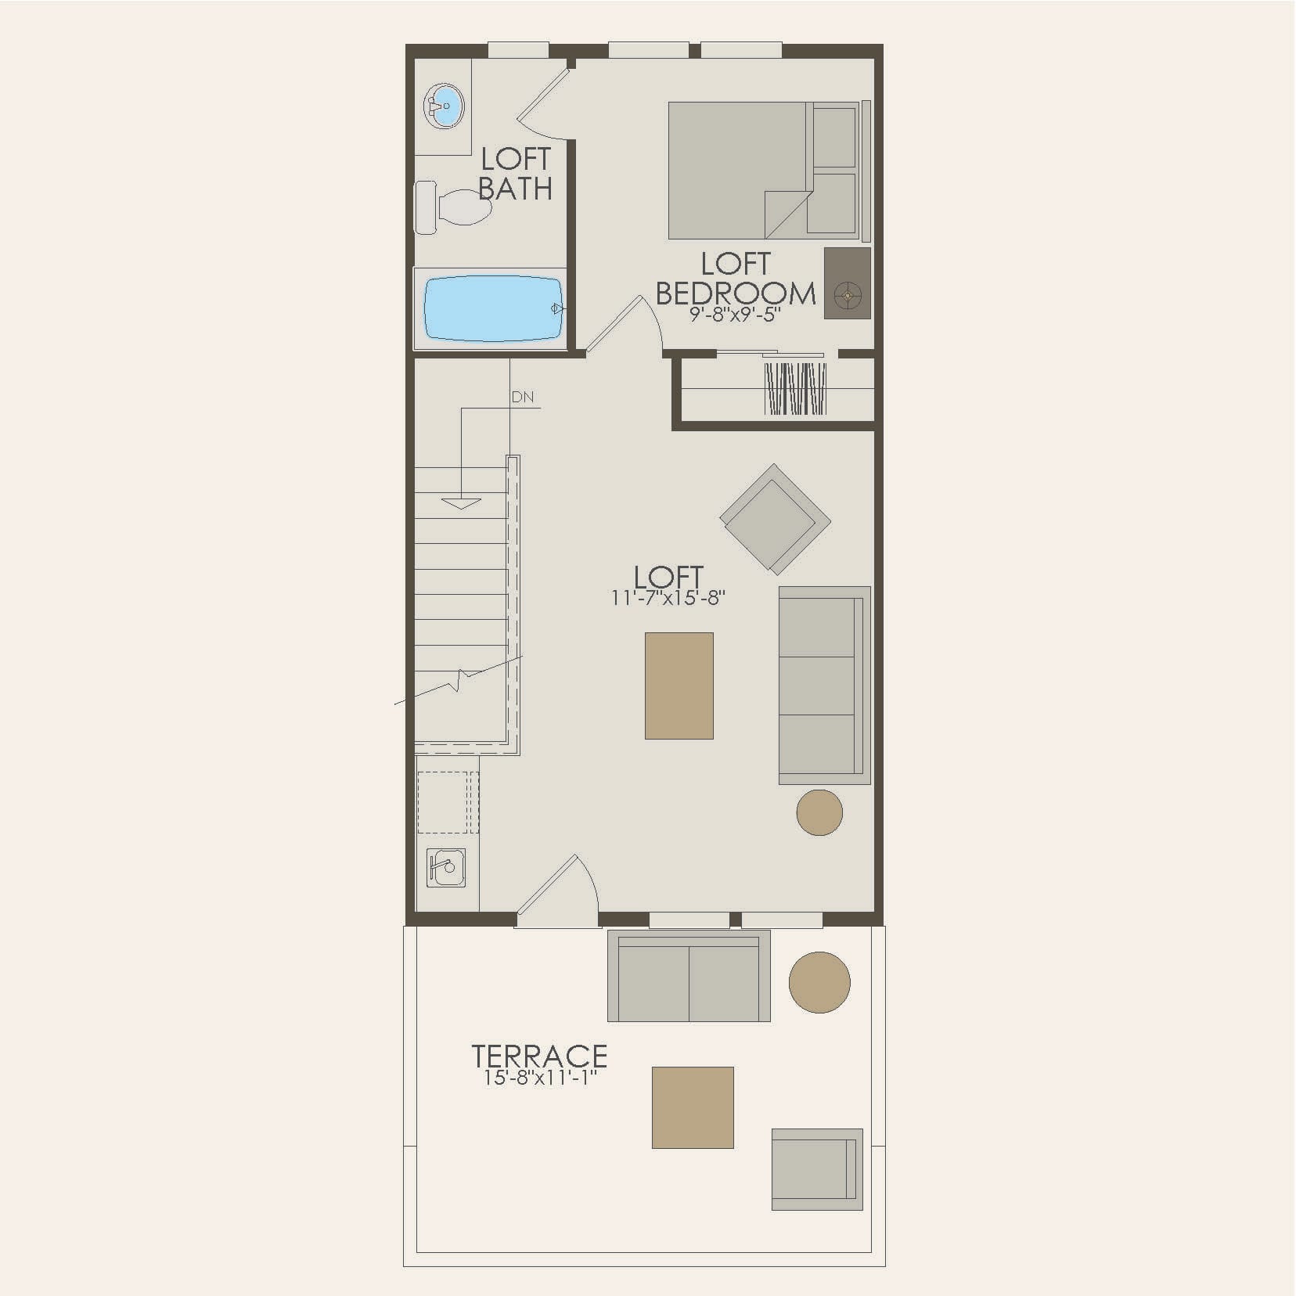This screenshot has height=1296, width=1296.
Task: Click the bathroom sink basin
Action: point(444,106)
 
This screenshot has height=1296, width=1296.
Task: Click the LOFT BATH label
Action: point(515,174)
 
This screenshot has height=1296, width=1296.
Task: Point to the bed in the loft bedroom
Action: point(763,170)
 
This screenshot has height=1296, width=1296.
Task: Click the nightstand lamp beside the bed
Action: point(847,295)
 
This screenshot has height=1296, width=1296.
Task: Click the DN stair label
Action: point(523,398)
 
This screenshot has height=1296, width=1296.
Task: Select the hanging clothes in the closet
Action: point(795,388)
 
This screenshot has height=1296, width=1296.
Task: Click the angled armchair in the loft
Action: point(775,519)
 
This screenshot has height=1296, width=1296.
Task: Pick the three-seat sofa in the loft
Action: point(824,685)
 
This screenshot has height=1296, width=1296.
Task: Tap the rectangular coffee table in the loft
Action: point(679,686)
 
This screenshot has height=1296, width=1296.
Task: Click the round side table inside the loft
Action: point(819,812)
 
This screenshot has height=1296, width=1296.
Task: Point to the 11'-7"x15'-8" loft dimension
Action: point(669,599)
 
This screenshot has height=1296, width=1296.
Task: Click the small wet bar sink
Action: point(445,868)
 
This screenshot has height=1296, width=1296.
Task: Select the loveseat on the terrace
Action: point(689,976)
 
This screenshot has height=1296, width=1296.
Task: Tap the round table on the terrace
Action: point(819,981)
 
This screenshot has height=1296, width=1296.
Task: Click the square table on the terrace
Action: point(693,1107)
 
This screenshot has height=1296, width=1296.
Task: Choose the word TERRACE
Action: point(539,1056)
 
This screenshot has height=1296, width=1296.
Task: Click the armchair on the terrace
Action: point(817,1169)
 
